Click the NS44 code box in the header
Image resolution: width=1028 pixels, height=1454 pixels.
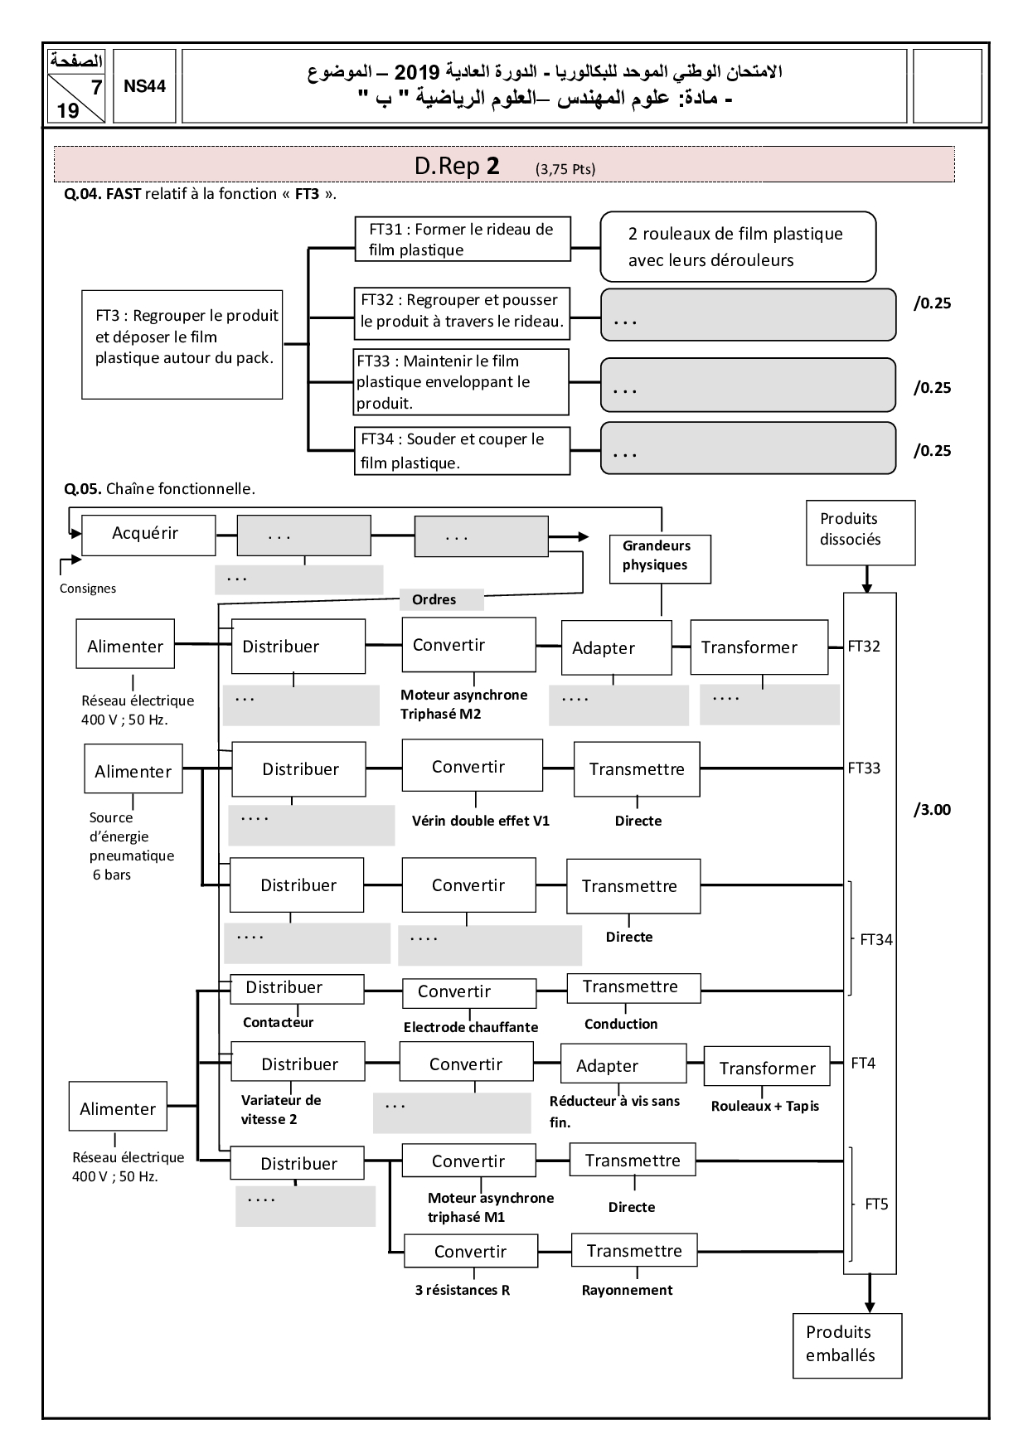144,86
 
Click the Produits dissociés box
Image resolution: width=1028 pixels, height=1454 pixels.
860,532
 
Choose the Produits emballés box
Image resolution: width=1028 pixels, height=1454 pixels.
846,1345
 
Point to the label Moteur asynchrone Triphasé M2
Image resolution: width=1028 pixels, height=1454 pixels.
463,704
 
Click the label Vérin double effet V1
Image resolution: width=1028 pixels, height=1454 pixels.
480,821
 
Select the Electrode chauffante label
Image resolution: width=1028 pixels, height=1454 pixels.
470,1027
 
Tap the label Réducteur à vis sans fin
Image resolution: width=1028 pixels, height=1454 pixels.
613,1111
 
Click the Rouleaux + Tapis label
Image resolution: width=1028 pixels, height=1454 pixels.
764,1106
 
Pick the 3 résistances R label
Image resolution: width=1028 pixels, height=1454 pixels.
462,1290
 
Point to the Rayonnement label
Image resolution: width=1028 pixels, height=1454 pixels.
627,1290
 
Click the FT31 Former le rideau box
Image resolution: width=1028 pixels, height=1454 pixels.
463,240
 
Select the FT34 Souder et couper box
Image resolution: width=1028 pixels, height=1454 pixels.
463,451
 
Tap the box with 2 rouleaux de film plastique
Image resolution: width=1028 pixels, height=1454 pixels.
737,246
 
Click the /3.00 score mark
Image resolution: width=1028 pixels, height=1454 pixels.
932,810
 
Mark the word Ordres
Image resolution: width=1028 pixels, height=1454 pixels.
434,599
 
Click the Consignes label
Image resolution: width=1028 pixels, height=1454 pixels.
88,589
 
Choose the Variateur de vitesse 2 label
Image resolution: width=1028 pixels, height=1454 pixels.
280,1109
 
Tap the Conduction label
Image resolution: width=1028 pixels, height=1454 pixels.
620,1024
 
